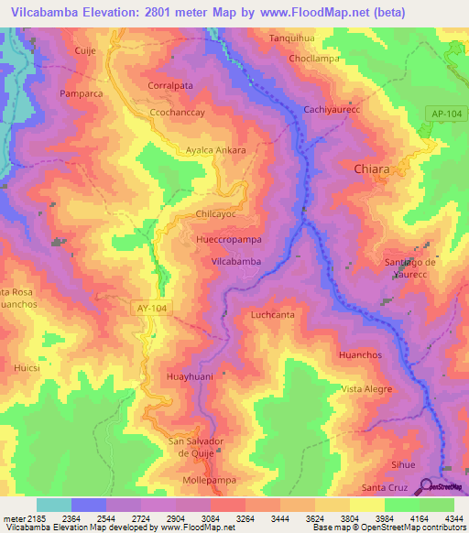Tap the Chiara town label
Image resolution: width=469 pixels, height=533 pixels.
372,169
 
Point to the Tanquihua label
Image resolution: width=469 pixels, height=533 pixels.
291,38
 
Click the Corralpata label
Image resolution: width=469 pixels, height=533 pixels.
169,85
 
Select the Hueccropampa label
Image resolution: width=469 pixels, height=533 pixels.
229,239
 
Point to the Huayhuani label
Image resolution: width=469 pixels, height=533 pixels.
191,375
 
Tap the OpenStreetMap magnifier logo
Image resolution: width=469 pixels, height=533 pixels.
427,486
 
